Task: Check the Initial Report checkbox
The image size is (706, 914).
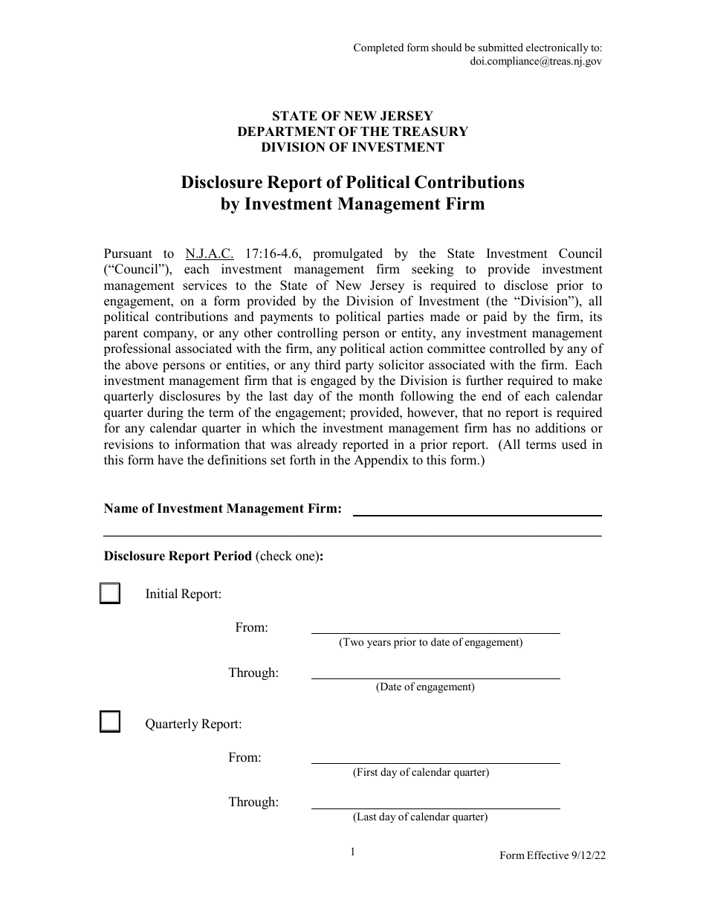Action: pos(110,594)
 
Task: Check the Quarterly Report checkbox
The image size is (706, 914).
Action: pos(110,722)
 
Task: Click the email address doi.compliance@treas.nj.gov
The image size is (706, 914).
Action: pos(536,62)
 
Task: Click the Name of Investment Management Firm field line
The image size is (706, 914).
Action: pos(476,509)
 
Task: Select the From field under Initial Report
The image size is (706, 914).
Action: pos(435,627)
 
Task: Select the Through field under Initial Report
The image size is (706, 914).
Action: pos(435,672)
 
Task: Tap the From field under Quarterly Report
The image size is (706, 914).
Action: pos(435,757)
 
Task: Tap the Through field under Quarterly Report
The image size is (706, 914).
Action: pos(435,803)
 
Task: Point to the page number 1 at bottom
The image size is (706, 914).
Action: pos(353,852)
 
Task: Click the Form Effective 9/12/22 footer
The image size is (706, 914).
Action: pos(552,855)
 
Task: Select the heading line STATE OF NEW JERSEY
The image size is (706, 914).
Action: pos(352,116)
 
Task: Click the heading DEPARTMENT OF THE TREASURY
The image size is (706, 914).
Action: pos(352,132)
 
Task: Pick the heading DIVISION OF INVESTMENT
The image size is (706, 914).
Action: pos(352,147)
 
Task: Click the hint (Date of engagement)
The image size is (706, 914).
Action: pos(425,687)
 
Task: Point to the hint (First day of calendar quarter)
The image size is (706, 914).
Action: pos(421,772)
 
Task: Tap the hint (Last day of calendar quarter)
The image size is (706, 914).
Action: pos(420,817)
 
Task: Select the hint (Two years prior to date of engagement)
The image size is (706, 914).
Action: pos(431,643)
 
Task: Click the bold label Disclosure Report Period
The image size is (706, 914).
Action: pos(178,556)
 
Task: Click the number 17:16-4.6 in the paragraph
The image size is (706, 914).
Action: pos(273,253)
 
